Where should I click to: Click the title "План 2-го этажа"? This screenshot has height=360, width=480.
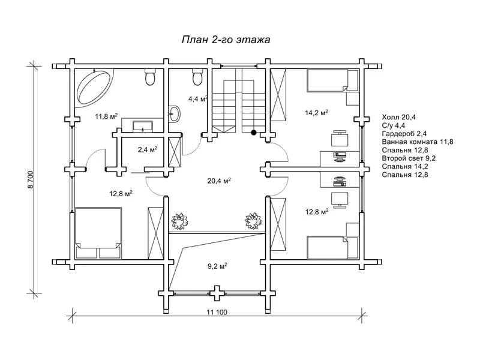226,40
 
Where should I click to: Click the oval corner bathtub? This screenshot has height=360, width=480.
94,88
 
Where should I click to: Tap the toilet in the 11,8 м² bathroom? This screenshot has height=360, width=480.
150,77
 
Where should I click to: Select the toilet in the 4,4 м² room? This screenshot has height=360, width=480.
197,77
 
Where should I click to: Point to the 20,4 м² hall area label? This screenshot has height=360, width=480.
219,181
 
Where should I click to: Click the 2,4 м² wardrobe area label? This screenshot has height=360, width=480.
147,149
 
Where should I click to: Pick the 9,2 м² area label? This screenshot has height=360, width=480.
217,266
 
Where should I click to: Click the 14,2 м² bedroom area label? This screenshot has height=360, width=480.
317,113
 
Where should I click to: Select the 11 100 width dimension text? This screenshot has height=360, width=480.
217,312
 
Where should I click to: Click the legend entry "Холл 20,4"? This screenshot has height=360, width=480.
398,117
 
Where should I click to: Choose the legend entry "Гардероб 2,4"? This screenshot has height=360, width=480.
404,133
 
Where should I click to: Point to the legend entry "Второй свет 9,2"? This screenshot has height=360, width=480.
409,158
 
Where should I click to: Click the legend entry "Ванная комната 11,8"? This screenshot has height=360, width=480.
417,142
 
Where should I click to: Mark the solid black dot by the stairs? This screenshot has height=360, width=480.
253,133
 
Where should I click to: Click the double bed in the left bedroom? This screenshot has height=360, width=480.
98,233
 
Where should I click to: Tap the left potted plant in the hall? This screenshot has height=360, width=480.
179,221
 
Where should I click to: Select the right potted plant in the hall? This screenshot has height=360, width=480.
253,221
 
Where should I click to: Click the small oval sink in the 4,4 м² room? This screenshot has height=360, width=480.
175,114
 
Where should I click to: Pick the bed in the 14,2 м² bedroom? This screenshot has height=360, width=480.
332,80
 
